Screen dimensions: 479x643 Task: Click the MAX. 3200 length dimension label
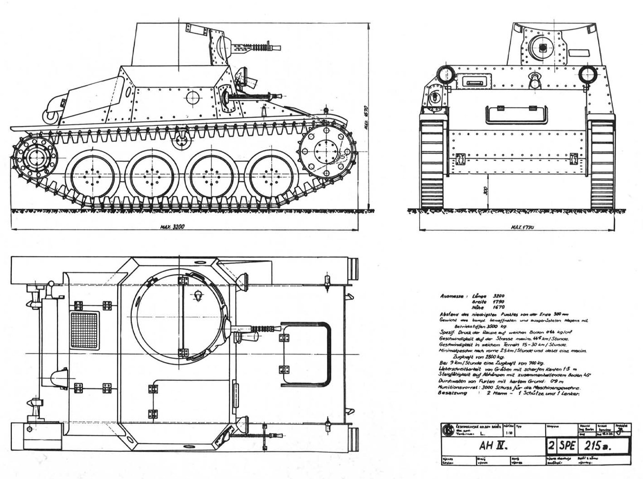(x=172, y=227)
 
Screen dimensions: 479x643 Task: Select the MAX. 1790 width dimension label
(x=522, y=227)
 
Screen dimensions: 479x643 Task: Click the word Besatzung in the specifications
(x=453, y=393)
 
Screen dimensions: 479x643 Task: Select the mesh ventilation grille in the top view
(x=84, y=330)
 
